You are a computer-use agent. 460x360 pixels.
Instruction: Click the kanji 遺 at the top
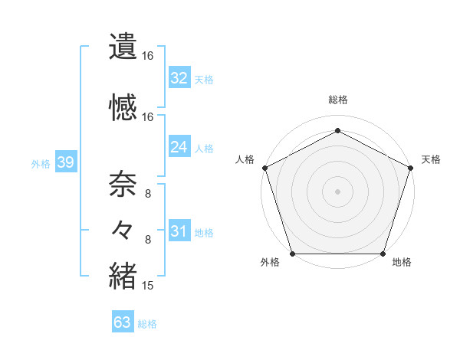(123, 46)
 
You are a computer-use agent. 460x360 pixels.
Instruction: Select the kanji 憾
(123, 107)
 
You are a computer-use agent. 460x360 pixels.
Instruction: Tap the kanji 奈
(123, 184)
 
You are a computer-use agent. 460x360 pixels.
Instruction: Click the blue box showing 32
(179, 78)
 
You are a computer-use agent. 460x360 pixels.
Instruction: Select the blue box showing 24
(179, 147)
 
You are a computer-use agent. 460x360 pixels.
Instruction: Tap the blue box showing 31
(179, 232)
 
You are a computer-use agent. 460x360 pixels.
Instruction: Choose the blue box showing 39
(65, 163)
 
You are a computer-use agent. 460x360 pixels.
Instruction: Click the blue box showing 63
(123, 322)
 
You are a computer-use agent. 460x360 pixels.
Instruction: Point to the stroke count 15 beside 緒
(148, 286)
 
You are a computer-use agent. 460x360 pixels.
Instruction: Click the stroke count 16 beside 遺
(148, 56)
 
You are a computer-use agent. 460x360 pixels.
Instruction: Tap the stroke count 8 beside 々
(148, 240)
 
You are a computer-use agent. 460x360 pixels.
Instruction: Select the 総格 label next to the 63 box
(147, 324)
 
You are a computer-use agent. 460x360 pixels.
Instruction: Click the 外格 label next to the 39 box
(41, 164)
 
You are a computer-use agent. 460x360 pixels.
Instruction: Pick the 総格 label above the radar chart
(337, 100)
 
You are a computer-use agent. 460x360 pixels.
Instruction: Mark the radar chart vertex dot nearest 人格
(265, 167)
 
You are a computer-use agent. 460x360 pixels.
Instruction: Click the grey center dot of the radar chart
(337, 191)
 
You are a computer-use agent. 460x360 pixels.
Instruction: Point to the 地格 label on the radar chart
(402, 263)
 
